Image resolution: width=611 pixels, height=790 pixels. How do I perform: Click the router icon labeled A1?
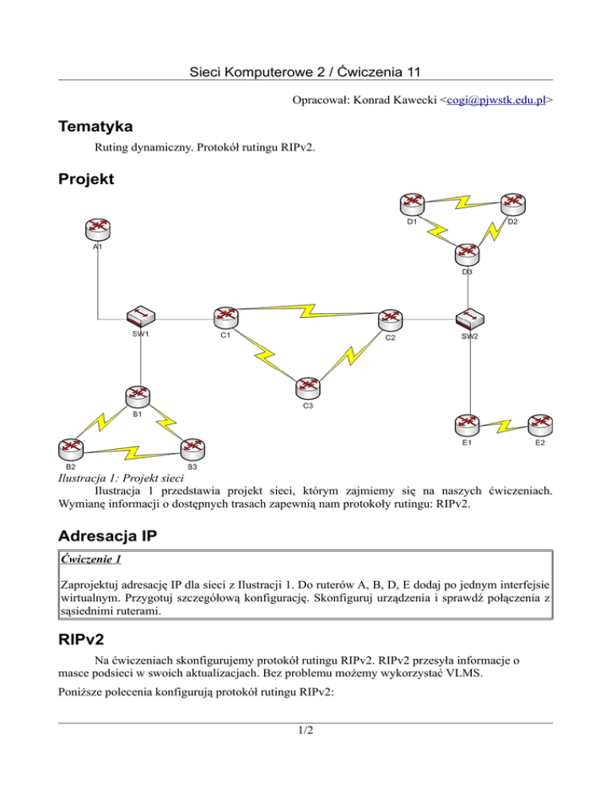pos(99,227)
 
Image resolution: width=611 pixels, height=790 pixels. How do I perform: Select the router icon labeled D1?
pos(412,204)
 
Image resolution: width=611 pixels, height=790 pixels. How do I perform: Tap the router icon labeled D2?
pos(512,204)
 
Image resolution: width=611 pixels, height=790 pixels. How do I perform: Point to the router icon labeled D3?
pos(467,254)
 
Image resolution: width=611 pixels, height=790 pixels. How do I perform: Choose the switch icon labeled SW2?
pos(470,319)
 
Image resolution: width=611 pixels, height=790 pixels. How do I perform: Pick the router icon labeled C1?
pos(226,317)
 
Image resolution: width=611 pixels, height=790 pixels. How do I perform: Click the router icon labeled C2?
pos(390,319)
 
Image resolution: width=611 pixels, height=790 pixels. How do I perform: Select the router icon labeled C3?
pos(308,387)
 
